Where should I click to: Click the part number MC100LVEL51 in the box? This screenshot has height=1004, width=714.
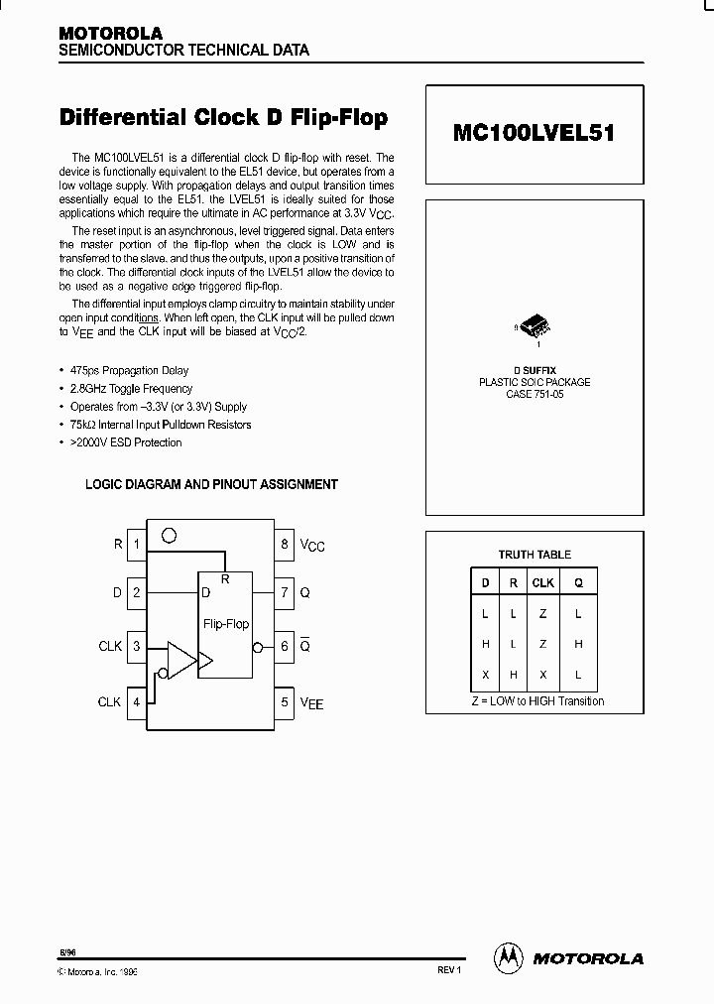pyautogui.click(x=535, y=132)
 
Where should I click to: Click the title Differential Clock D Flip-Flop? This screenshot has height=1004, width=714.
pyautogui.click(x=224, y=118)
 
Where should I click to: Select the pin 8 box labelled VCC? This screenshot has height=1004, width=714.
pyautogui.click(x=285, y=544)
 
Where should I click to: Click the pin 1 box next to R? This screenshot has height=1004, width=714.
pyautogui.click(x=137, y=544)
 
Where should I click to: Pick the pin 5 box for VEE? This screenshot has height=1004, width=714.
pyautogui.click(x=285, y=702)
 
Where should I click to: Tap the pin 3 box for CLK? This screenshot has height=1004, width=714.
pyautogui.click(x=137, y=647)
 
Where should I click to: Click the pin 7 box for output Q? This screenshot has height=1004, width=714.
pyautogui.click(x=285, y=592)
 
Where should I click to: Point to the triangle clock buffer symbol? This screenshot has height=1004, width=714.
pyautogui.click(x=181, y=660)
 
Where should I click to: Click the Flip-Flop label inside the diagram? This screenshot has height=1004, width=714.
pyautogui.click(x=226, y=624)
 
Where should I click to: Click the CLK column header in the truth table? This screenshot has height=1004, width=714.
pyautogui.click(x=543, y=583)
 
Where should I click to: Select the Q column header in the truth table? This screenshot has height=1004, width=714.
pyautogui.click(x=578, y=583)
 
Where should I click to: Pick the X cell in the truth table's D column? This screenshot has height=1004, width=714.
pyautogui.click(x=485, y=675)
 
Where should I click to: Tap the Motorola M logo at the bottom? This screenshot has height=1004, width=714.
pyautogui.click(x=508, y=957)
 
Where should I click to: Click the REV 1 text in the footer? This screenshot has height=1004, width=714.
pyautogui.click(x=449, y=970)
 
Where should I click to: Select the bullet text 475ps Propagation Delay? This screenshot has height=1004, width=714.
pyautogui.click(x=129, y=370)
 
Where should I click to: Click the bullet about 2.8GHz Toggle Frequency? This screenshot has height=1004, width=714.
pyautogui.click(x=131, y=388)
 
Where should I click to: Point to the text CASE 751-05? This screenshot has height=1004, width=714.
pyautogui.click(x=535, y=394)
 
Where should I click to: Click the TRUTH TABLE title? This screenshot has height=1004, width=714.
pyautogui.click(x=535, y=555)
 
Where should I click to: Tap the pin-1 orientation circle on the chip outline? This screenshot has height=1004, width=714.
pyautogui.click(x=170, y=536)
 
